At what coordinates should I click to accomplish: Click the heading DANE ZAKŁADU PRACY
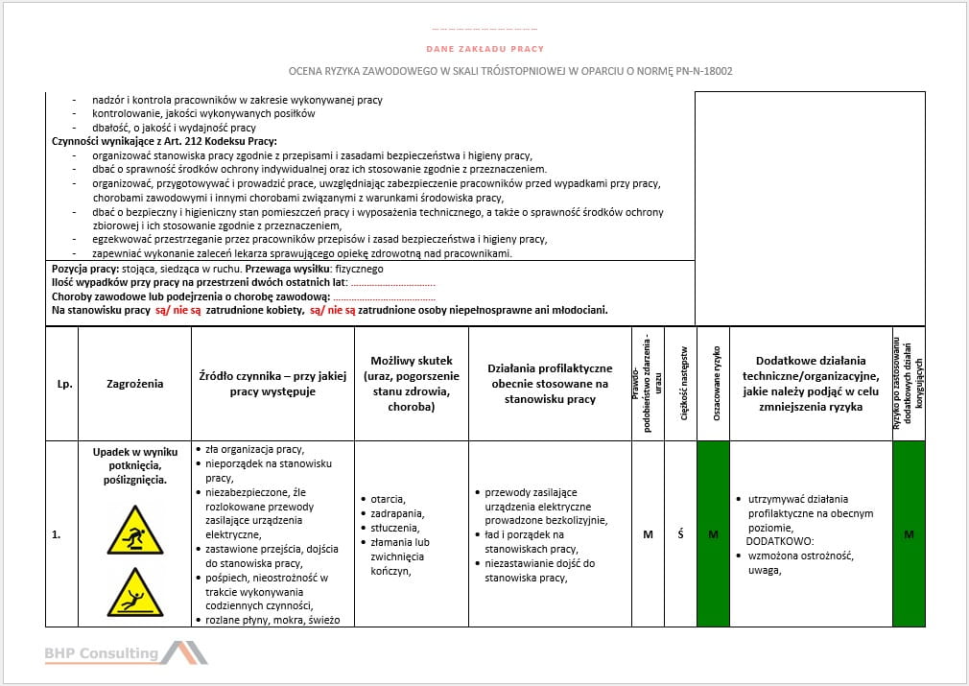(484, 49)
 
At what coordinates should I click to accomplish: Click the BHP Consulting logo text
(102, 653)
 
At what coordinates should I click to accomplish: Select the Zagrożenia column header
(134, 384)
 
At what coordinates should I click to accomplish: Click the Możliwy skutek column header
(412, 384)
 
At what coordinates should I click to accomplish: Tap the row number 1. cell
(59, 534)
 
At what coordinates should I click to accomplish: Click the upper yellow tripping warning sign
(134, 529)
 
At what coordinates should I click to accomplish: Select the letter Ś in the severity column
(680, 534)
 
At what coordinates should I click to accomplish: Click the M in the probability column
(648, 534)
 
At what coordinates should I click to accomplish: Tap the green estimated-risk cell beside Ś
(713, 534)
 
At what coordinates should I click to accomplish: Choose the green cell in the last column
(908, 534)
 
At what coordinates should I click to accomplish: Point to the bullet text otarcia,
(389, 499)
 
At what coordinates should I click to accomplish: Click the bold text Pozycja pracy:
(84, 269)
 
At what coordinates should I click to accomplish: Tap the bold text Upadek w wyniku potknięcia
(134, 458)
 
